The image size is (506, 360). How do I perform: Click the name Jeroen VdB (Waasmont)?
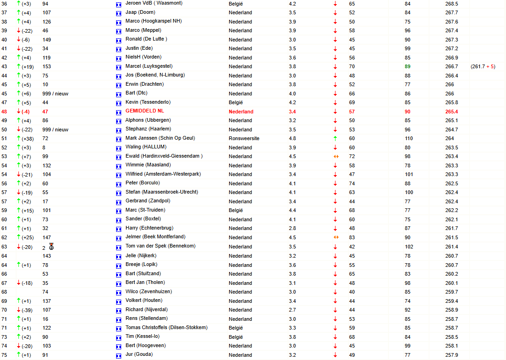[x=153, y=3]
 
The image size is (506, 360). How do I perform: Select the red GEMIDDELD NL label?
[x=145, y=111]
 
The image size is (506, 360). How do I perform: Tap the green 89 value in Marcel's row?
[x=407, y=66]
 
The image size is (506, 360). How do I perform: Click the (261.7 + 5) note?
[x=482, y=66]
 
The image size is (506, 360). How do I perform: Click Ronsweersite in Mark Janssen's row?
[x=244, y=138]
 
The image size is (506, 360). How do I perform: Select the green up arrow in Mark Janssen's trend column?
[x=335, y=138]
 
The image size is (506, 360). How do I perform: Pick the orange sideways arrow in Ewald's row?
[x=336, y=156]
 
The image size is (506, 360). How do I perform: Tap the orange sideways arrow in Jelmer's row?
[x=336, y=237]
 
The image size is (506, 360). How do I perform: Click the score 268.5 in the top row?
[x=452, y=3]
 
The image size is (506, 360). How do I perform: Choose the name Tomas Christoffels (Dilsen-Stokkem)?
[x=166, y=327]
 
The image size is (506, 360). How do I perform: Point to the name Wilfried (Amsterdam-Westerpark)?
[x=163, y=174]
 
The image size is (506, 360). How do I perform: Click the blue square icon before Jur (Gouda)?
[x=118, y=355]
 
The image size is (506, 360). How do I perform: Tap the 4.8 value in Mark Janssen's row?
[x=292, y=138]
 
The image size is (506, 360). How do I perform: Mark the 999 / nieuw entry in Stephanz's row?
[x=55, y=130]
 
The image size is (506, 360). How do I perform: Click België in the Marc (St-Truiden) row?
[x=235, y=210]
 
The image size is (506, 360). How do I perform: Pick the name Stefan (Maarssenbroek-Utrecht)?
[x=161, y=192]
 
